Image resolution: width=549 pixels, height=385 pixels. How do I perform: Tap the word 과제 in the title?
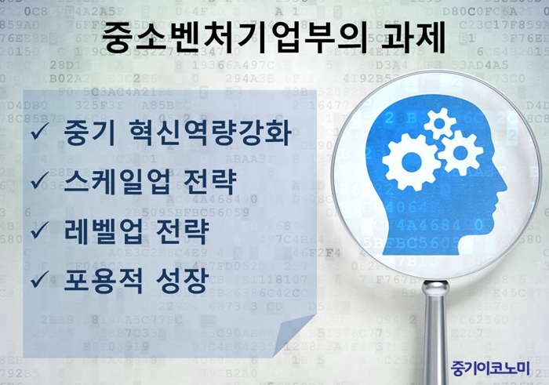pyautogui.click(x=413, y=38)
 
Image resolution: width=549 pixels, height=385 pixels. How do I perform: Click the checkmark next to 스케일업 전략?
pyautogui.click(x=39, y=180)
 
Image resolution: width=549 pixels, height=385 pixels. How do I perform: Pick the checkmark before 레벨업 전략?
pyautogui.click(x=39, y=231)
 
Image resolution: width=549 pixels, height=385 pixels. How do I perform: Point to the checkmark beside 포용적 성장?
pyautogui.click(x=39, y=279)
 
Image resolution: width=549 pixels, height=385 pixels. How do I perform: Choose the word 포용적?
pyautogui.click(x=104, y=280)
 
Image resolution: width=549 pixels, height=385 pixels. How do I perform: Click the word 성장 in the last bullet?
pyautogui.click(x=182, y=280)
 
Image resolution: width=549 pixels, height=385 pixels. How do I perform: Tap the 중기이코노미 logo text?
pyautogui.click(x=490, y=368)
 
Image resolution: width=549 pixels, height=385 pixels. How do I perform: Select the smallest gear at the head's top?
pyautogui.click(x=440, y=123)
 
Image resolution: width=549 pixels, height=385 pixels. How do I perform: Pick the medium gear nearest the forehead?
pyautogui.click(x=460, y=152)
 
